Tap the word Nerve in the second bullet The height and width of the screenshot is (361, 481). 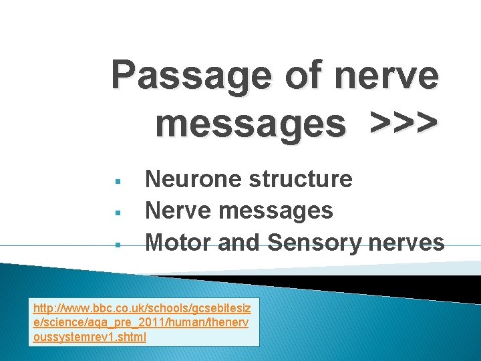[178, 211]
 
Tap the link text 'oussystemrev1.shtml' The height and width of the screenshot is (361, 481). [90, 336]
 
